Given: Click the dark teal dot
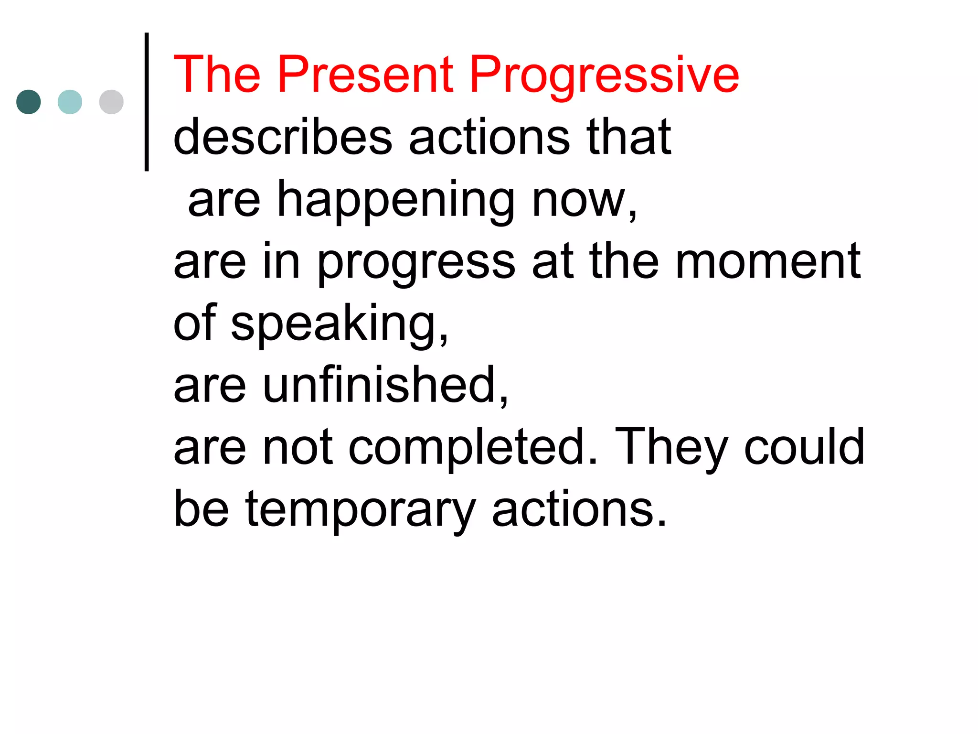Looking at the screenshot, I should click(29, 102).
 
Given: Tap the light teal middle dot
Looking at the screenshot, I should click(70, 102).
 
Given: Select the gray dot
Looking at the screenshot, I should click(111, 102).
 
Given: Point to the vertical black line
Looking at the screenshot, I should click(147, 102).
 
